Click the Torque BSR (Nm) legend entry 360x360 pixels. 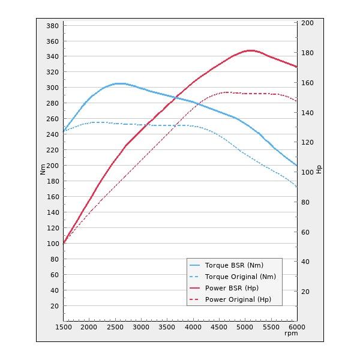click(234, 265)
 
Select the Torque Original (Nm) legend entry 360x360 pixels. click(240, 277)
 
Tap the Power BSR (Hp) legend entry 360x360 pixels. click(232, 288)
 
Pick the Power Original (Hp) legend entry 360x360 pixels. click(238, 299)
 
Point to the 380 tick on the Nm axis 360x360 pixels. click(52, 26)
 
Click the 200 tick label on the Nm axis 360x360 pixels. click(52, 166)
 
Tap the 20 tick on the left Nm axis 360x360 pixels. click(55, 306)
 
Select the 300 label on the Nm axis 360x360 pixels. click(52, 88)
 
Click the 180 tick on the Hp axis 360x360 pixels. click(307, 53)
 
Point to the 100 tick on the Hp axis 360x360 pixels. click(307, 172)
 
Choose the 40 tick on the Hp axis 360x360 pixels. click(305, 262)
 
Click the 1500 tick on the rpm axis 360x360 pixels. click(64, 327)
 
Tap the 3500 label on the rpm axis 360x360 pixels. click(167, 327)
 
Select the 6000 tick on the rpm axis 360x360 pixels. click(296, 327)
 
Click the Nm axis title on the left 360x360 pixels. click(43, 170)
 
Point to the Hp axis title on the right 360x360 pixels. click(319, 170)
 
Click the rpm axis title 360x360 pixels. click(291, 334)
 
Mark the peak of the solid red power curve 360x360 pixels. click(250, 50)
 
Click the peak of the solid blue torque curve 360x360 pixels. click(119, 83)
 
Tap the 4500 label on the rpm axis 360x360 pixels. click(219, 327)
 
